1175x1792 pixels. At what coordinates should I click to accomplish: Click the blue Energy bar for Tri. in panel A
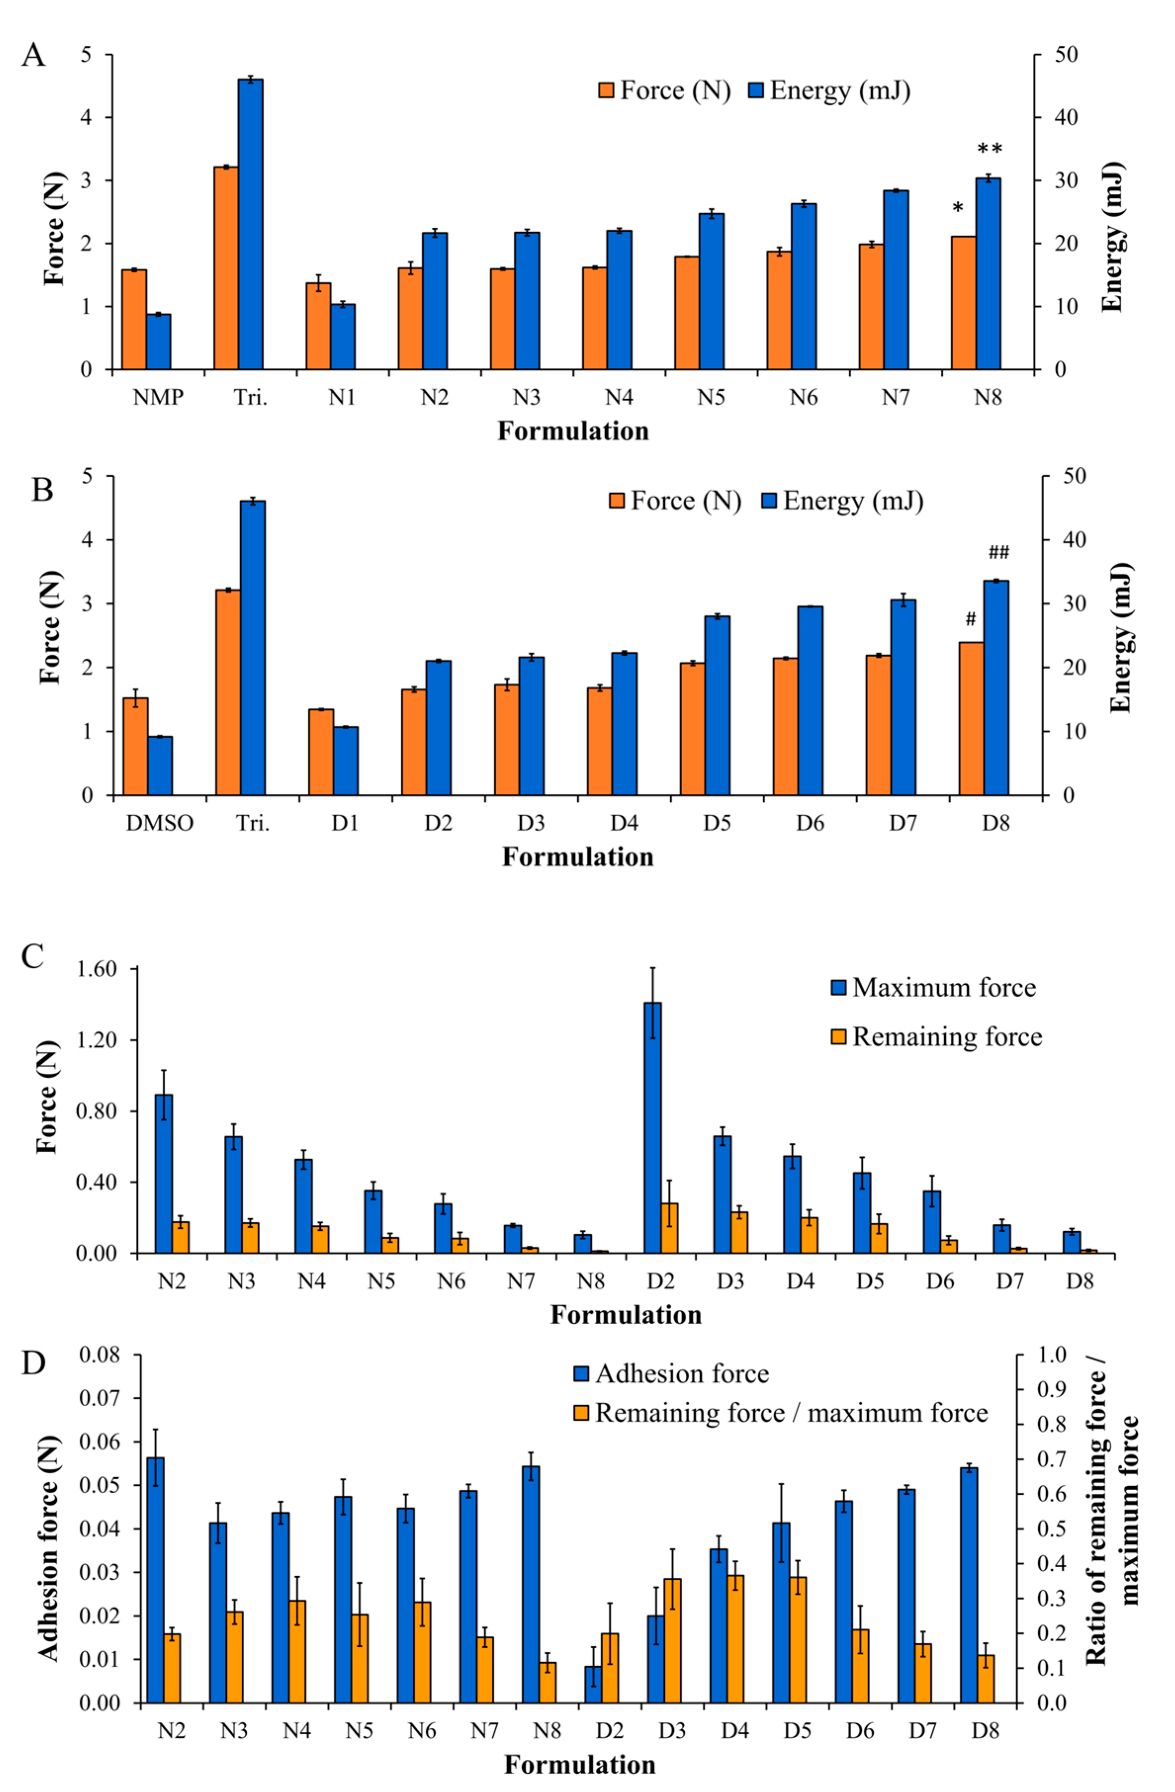(x=250, y=224)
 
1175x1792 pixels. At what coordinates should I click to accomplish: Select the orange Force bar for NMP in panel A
(x=134, y=319)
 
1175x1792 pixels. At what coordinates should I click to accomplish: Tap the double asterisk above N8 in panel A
(x=989, y=149)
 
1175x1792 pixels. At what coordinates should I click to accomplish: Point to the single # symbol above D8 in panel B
(x=971, y=620)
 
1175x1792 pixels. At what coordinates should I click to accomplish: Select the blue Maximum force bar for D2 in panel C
(x=653, y=1128)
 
